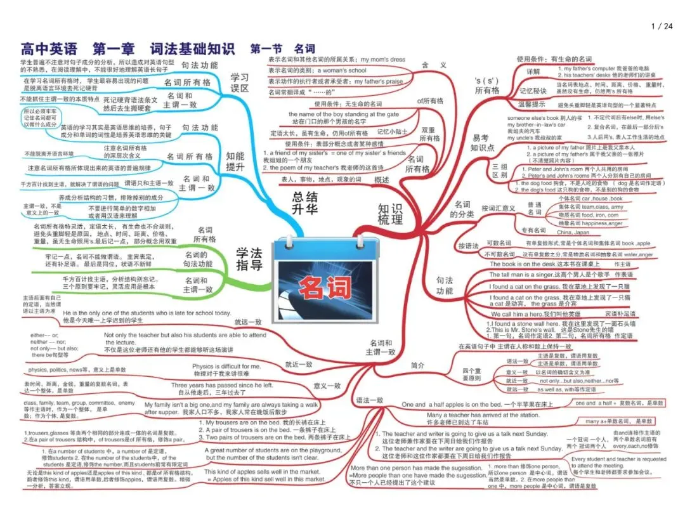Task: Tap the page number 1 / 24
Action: click(x=662, y=26)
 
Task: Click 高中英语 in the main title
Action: click(x=49, y=49)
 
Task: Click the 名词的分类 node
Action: click(x=462, y=209)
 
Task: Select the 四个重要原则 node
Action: click(x=471, y=374)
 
